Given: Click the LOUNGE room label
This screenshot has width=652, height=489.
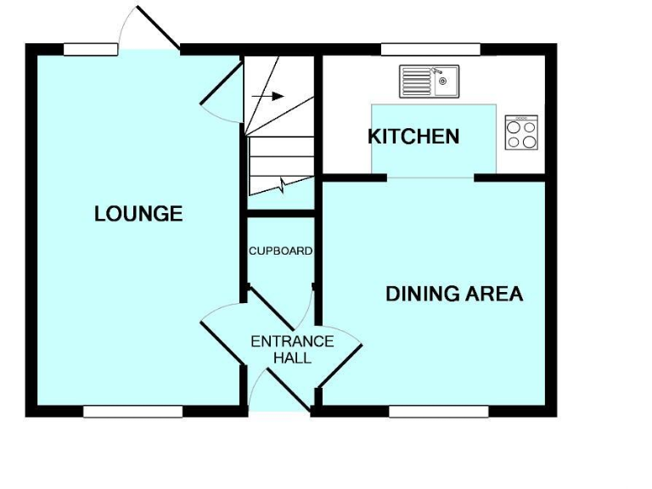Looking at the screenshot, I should click(x=138, y=214).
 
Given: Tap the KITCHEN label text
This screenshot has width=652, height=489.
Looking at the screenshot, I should click(x=413, y=136).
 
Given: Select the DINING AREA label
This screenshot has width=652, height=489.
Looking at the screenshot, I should click(x=454, y=295).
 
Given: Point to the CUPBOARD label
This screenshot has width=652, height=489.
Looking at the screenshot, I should click(x=280, y=251).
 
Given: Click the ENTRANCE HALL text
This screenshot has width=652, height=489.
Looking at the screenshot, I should click(x=292, y=350).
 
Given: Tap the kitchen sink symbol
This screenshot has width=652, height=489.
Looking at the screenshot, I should click(x=429, y=81).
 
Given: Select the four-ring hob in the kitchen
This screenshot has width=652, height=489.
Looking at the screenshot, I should click(x=521, y=133).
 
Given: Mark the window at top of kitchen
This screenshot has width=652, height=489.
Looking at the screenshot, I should click(x=430, y=49).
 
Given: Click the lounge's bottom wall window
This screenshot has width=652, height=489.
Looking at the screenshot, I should click(x=133, y=412).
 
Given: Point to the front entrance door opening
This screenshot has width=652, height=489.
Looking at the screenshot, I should click(x=280, y=411).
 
